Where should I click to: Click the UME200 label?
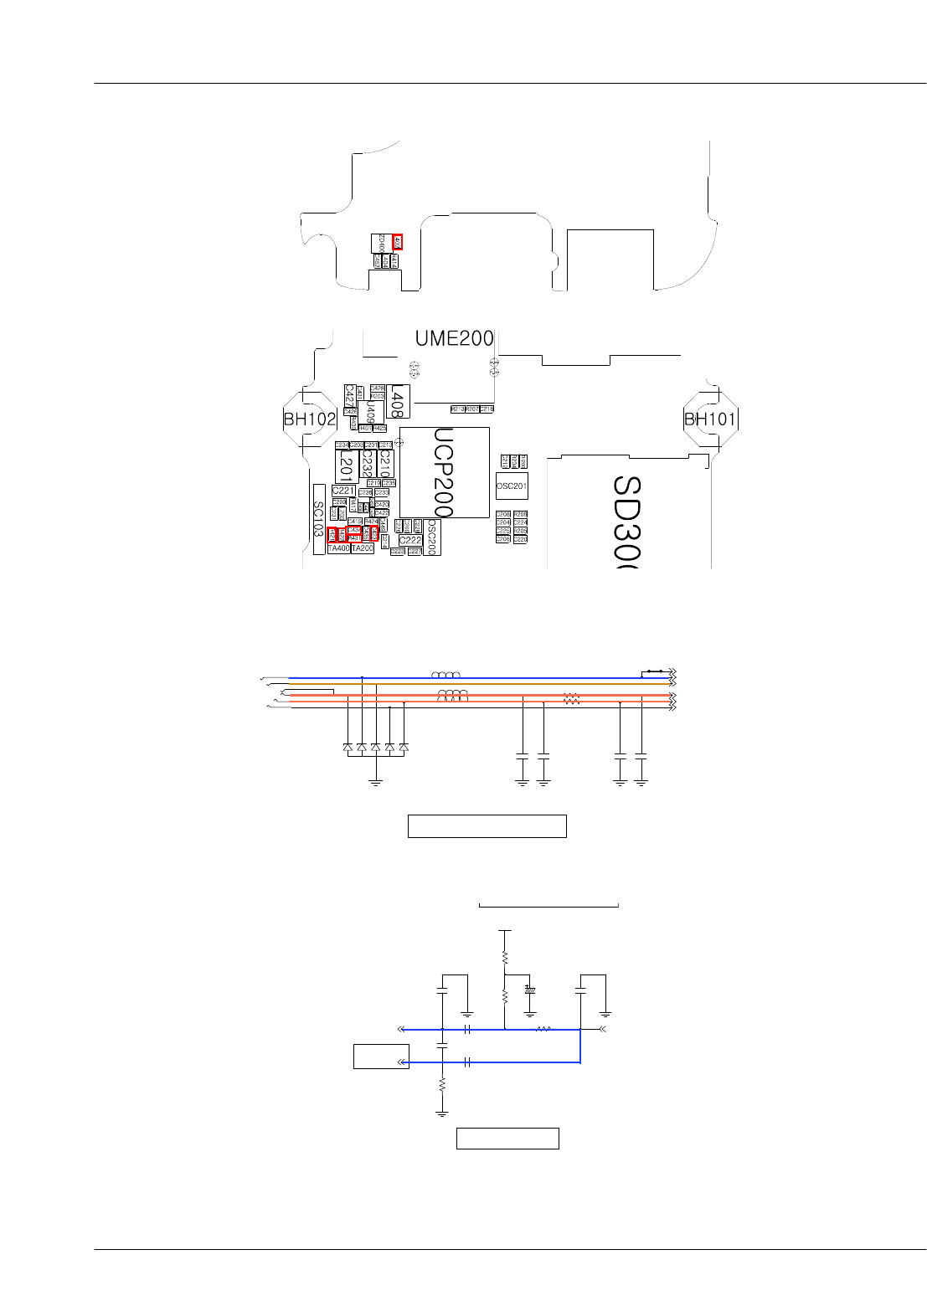(x=454, y=338)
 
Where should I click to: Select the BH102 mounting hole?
(x=310, y=419)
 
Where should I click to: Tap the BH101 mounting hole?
(x=710, y=419)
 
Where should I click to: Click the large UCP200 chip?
(x=444, y=472)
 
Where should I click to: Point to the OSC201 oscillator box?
(x=512, y=486)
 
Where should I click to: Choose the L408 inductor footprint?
(x=398, y=404)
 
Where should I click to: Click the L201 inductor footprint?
(x=346, y=465)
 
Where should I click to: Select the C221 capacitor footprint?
(x=343, y=491)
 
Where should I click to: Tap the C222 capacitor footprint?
(x=410, y=540)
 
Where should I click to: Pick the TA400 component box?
(x=338, y=548)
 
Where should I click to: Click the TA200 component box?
(x=362, y=548)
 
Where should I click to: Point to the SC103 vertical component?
(x=318, y=519)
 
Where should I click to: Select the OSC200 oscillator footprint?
(x=432, y=537)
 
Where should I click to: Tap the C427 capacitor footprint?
(x=349, y=395)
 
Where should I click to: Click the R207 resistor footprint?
(x=472, y=409)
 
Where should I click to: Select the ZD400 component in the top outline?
(x=381, y=242)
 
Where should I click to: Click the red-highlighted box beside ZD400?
(x=397, y=242)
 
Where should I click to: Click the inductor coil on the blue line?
(x=445, y=675)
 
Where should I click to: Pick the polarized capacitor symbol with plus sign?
(x=529, y=990)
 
